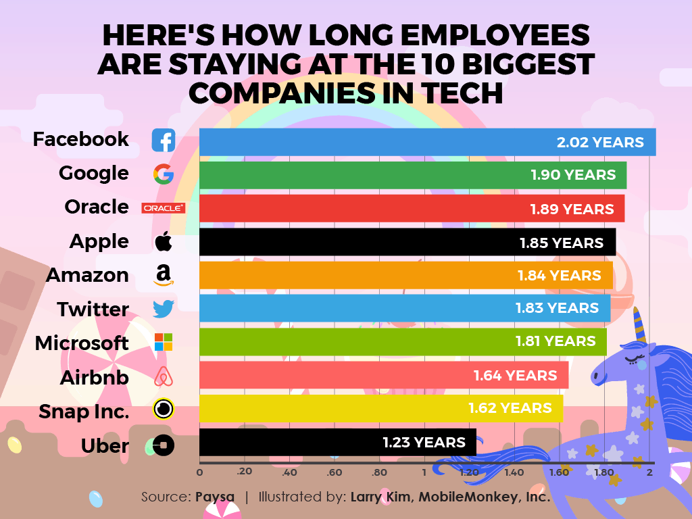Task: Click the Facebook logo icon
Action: tap(163, 141)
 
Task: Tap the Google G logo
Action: tap(164, 174)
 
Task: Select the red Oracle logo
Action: tap(163, 208)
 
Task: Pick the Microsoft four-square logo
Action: tap(164, 342)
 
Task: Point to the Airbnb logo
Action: tap(164, 376)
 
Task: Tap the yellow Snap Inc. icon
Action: tap(164, 410)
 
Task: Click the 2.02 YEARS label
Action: tap(600, 143)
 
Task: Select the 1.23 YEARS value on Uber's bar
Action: tap(424, 443)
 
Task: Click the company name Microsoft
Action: tap(82, 343)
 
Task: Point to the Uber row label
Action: tap(105, 446)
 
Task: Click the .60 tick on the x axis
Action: tap(334, 473)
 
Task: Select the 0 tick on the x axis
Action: tap(199, 473)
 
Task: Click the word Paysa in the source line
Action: tap(215, 497)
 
